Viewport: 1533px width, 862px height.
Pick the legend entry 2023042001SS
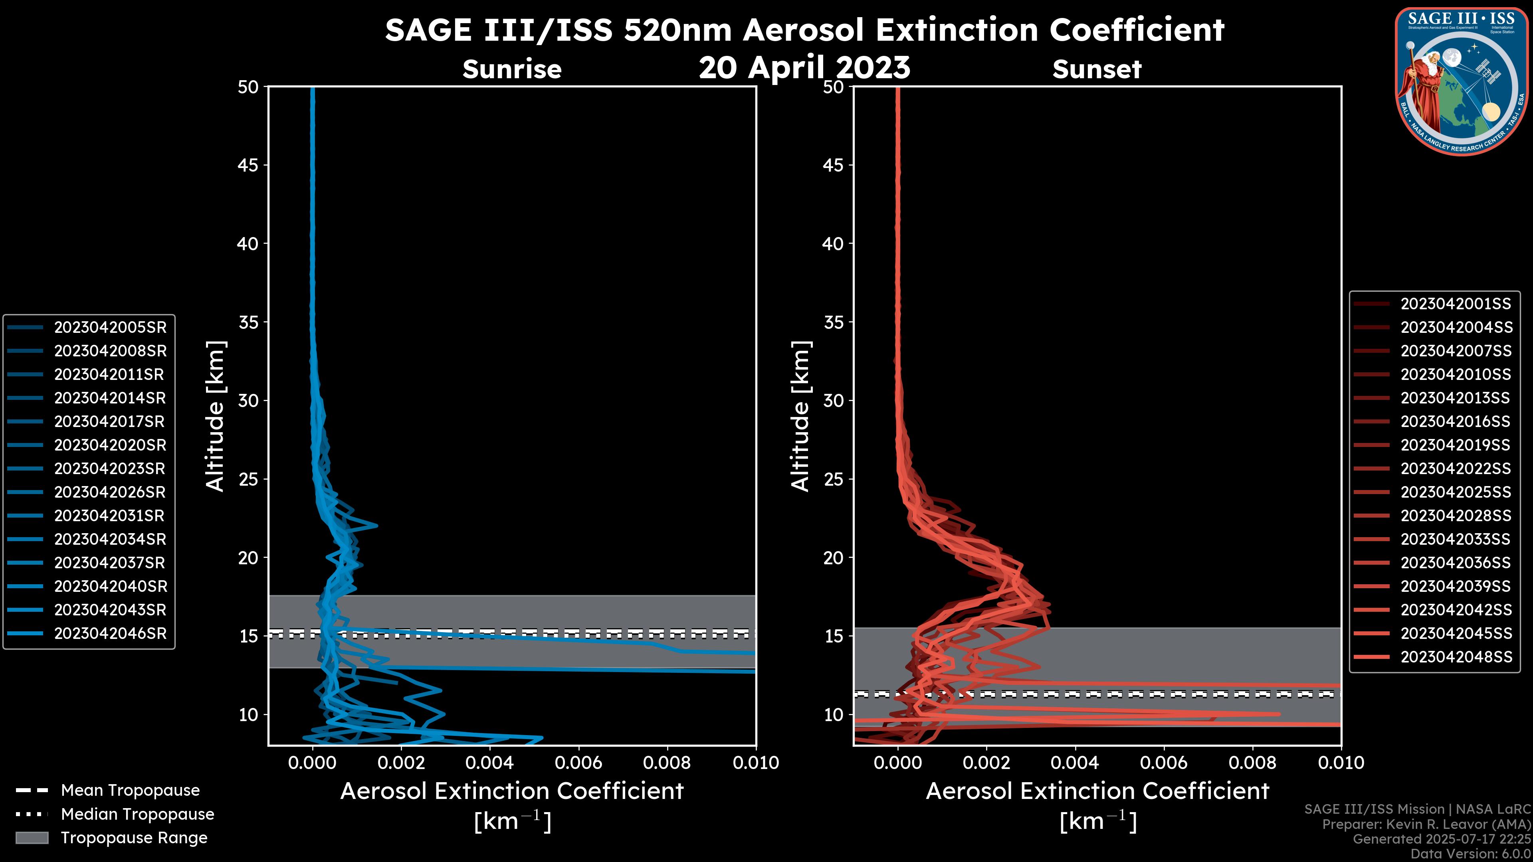[1455, 304]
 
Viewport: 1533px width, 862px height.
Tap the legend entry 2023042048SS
[1456, 657]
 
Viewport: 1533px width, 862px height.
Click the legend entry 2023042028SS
[1455, 515]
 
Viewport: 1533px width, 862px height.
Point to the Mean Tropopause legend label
[130, 790]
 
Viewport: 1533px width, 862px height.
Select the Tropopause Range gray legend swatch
[32, 838]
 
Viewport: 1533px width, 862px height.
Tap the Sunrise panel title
[512, 69]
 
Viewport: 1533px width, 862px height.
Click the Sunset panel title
[1097, 69]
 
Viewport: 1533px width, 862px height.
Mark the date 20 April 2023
[804, 67]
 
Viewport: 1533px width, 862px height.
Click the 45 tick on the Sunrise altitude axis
[248, 165]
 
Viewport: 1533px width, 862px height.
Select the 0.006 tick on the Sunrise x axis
[579, 763]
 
